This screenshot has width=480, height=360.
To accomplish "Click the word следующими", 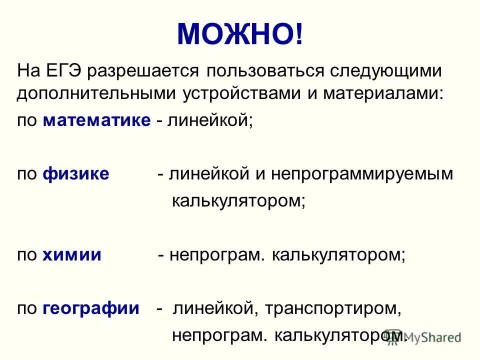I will (x=385, y=71).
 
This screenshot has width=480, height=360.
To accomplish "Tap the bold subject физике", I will (x=76, y=174).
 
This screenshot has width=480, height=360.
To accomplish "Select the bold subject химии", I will (x=72, y=255).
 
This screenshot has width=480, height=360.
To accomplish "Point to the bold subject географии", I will (x=91, y=308).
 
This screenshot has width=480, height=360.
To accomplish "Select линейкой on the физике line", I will (x=209, y=174).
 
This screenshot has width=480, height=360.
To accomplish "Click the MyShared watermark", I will (x=433, y=336).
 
